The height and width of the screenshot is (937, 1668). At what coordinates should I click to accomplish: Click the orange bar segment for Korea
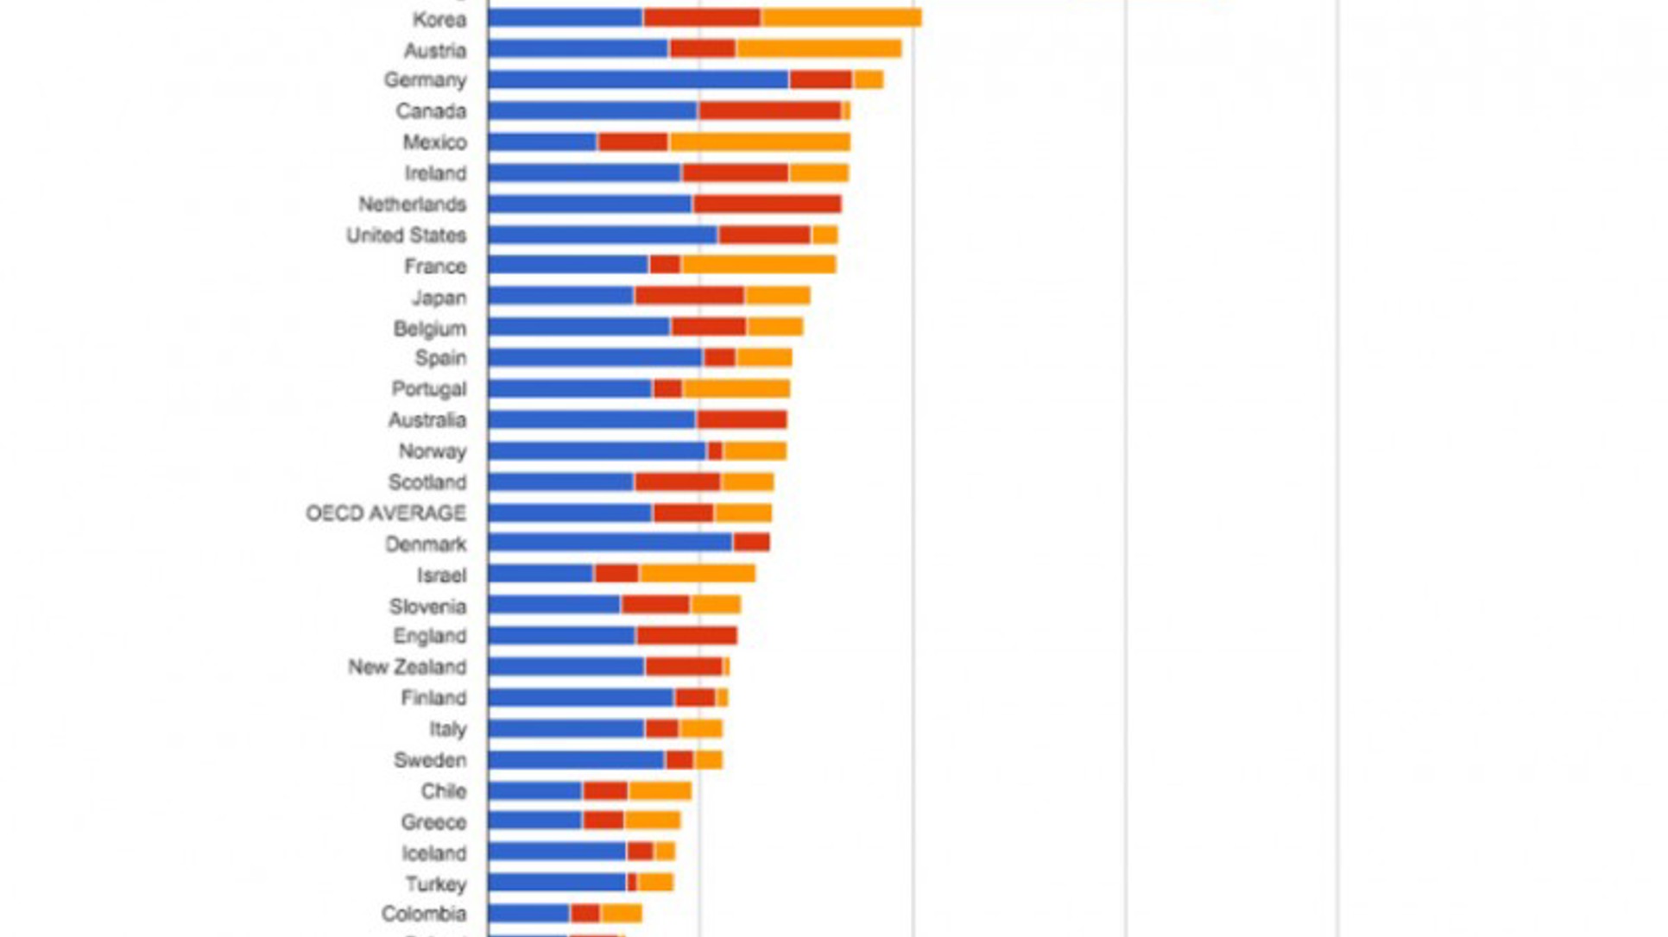click(841, 18)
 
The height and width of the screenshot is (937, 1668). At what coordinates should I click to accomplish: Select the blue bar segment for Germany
click(638, 80)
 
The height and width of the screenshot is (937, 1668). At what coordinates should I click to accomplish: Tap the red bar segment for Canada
click(769, 111)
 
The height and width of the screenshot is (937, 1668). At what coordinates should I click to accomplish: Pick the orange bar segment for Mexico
click(760, 142)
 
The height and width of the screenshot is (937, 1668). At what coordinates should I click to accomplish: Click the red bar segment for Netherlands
click(767, 204)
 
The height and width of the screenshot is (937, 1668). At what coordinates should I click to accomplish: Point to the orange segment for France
click(758, 266)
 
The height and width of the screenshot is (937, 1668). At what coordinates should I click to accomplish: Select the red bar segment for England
click(686, 637)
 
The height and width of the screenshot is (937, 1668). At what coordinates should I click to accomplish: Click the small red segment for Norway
click(715, 451)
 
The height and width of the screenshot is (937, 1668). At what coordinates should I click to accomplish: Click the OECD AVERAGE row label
click(386, 513)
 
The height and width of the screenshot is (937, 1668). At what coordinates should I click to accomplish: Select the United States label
click(406, 236)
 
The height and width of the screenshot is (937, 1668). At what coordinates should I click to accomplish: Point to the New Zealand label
click(407, 668)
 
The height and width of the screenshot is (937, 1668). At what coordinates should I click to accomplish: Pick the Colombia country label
click(423, 914)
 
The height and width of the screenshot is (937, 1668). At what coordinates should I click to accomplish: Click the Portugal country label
click(428, 389)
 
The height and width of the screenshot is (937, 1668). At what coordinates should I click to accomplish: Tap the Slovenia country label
click(427, 607)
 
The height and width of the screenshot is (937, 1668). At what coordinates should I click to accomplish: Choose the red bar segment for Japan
click(689, 297)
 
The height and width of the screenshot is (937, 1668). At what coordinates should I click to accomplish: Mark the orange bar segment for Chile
click(660, 791)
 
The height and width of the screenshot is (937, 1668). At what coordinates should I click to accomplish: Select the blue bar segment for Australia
click(591, 420)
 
